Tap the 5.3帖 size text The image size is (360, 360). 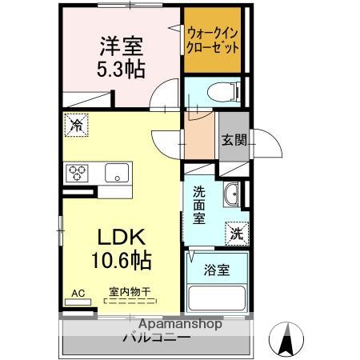121,70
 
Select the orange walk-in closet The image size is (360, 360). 212,40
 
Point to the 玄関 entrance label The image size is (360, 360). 234,139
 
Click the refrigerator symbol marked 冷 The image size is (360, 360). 76,124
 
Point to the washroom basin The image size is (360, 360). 232,194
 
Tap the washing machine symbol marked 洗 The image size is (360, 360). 235,233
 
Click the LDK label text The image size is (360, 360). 121,238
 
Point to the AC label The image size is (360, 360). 78,293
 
